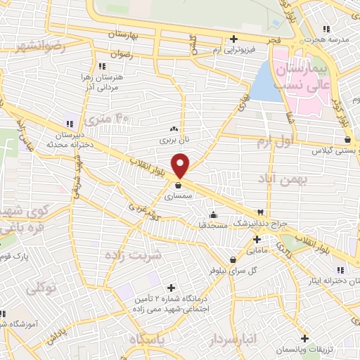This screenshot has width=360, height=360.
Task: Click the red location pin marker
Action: tap(181, 165)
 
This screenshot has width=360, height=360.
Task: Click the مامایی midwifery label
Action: tap(255, 250)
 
